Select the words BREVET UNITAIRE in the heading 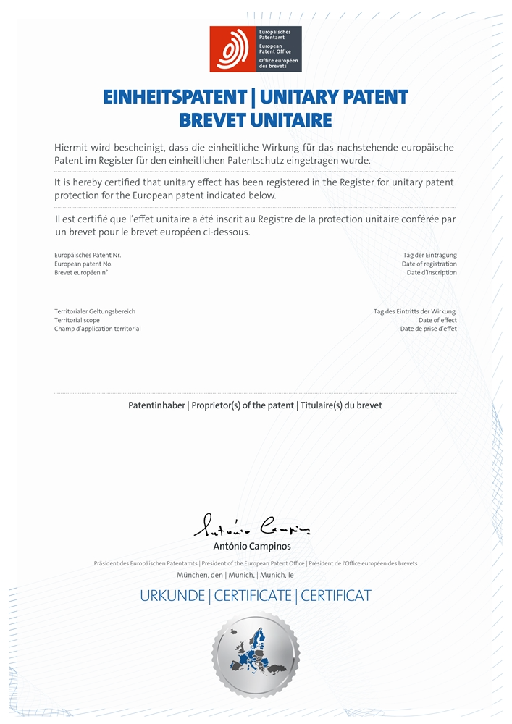tap(255, 119)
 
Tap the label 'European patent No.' tap(83, 264)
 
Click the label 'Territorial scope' tap(77, 320)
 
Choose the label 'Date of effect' tap(437, 320)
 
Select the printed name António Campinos tap(252, 547)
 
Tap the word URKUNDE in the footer tap(172, 596)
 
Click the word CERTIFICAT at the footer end tap(335, 596)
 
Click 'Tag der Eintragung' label tap(429, 256)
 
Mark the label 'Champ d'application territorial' tap(97, 329)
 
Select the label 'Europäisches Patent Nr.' tap(88, 256)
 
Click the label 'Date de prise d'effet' tap(428, 329)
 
